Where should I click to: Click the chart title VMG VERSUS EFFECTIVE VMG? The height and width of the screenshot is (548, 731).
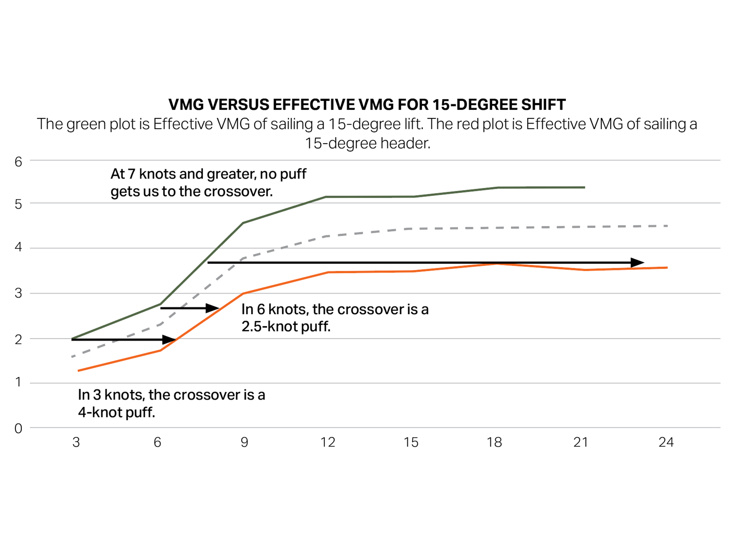point(367,105)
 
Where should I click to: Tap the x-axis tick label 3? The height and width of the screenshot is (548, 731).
point(76,442)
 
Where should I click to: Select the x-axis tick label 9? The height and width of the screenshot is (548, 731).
point(244,442)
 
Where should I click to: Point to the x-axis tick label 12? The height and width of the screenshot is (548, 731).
point(327,442)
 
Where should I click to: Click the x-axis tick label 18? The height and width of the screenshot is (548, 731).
point(494,442)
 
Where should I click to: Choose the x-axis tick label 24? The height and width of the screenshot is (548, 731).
point(666,442)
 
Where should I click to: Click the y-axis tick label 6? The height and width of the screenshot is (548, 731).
point(18,162)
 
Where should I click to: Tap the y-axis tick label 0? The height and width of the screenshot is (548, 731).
point(18,429)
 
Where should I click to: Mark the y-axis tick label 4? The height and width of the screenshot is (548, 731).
point(18,247)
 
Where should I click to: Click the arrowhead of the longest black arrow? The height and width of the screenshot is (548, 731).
point(637,262)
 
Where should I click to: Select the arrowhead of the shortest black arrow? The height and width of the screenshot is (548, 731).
point(212,308)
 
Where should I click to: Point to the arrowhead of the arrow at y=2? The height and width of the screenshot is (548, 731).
point(169,339)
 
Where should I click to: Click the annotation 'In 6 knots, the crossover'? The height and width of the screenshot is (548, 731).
point(335,309)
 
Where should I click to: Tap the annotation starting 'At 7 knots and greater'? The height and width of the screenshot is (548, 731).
point(208,174)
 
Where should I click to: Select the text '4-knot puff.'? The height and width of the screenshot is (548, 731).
point(117,412)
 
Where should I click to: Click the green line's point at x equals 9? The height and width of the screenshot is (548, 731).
point(243,222)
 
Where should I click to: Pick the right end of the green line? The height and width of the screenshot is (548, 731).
point(584,187)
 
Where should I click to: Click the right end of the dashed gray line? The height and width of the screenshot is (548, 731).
point(667,226)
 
